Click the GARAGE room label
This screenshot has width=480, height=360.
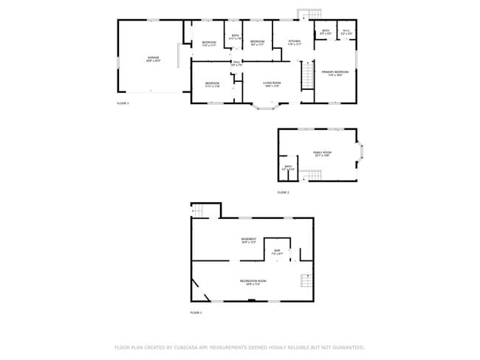click(x=153, y=57)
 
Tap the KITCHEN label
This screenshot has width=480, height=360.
click(x=294, y=41)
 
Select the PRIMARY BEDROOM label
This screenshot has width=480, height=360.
click(x=335, y=72)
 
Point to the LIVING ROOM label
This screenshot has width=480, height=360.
click(x=272, y=83)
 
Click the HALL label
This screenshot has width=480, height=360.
click(x=236, y=62)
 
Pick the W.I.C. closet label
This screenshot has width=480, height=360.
click(x=346, y=31)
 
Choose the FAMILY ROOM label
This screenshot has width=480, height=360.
click(x=322, y=152)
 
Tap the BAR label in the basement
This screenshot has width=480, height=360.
click(x=277, y=252)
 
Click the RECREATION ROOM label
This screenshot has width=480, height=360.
click(x=253, y=281)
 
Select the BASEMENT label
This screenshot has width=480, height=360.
click(x=249, y=239)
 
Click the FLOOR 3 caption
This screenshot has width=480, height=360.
click(x=123, y=103)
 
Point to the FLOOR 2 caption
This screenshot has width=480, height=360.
click(x=283, y=193)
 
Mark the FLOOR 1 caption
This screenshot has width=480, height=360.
click(x=196, y=314)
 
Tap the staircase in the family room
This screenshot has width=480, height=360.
click(x=315, y=174)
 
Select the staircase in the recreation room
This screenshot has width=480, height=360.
click(x=307, y=280)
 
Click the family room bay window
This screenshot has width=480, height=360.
click(x=360, y=153)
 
